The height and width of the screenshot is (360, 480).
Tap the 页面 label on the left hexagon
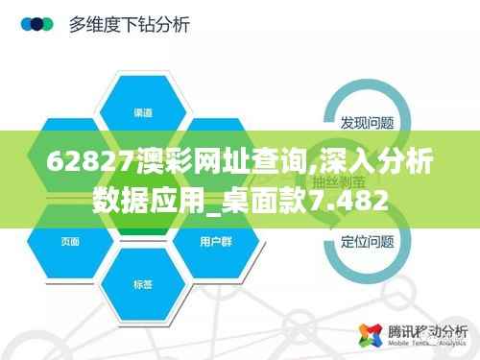point(70,241)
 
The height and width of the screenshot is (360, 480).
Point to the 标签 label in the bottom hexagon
point(142,283)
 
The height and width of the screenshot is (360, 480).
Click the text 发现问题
point(368,123)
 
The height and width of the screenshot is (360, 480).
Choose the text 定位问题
point(368,241)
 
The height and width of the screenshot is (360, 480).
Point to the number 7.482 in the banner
point(353,200)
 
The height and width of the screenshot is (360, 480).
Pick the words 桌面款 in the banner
point(278,200)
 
